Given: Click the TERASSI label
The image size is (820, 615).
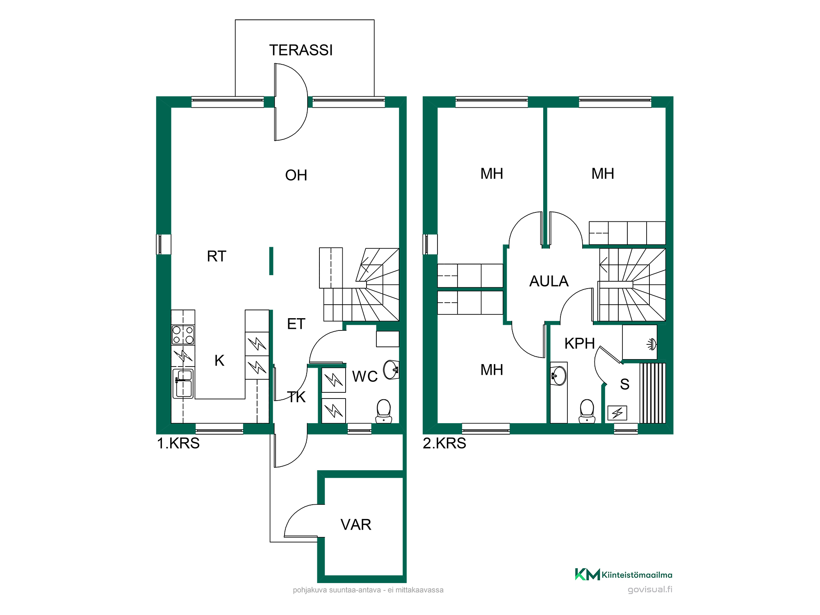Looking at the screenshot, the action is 301,50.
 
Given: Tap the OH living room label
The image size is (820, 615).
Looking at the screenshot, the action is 296,175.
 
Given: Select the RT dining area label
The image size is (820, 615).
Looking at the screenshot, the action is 216,256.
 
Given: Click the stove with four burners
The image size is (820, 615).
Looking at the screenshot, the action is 183,335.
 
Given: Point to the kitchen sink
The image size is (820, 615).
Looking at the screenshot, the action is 183,384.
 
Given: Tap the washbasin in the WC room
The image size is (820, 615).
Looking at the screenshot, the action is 391,370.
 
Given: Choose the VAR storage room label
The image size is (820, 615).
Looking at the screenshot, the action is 356,525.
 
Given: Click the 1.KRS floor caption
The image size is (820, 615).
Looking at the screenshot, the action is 178,443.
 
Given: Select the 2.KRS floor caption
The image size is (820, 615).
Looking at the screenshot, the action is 444,443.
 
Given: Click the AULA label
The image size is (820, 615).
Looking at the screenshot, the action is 549,281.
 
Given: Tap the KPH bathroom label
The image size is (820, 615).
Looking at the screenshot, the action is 579,344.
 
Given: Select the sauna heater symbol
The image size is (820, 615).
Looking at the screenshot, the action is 617,412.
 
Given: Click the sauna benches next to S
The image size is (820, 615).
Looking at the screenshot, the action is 653,393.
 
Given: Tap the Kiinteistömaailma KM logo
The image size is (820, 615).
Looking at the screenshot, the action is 624,574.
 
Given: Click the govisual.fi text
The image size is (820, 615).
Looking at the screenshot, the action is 650,590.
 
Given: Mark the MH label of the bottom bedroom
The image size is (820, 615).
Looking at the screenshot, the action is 492,370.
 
